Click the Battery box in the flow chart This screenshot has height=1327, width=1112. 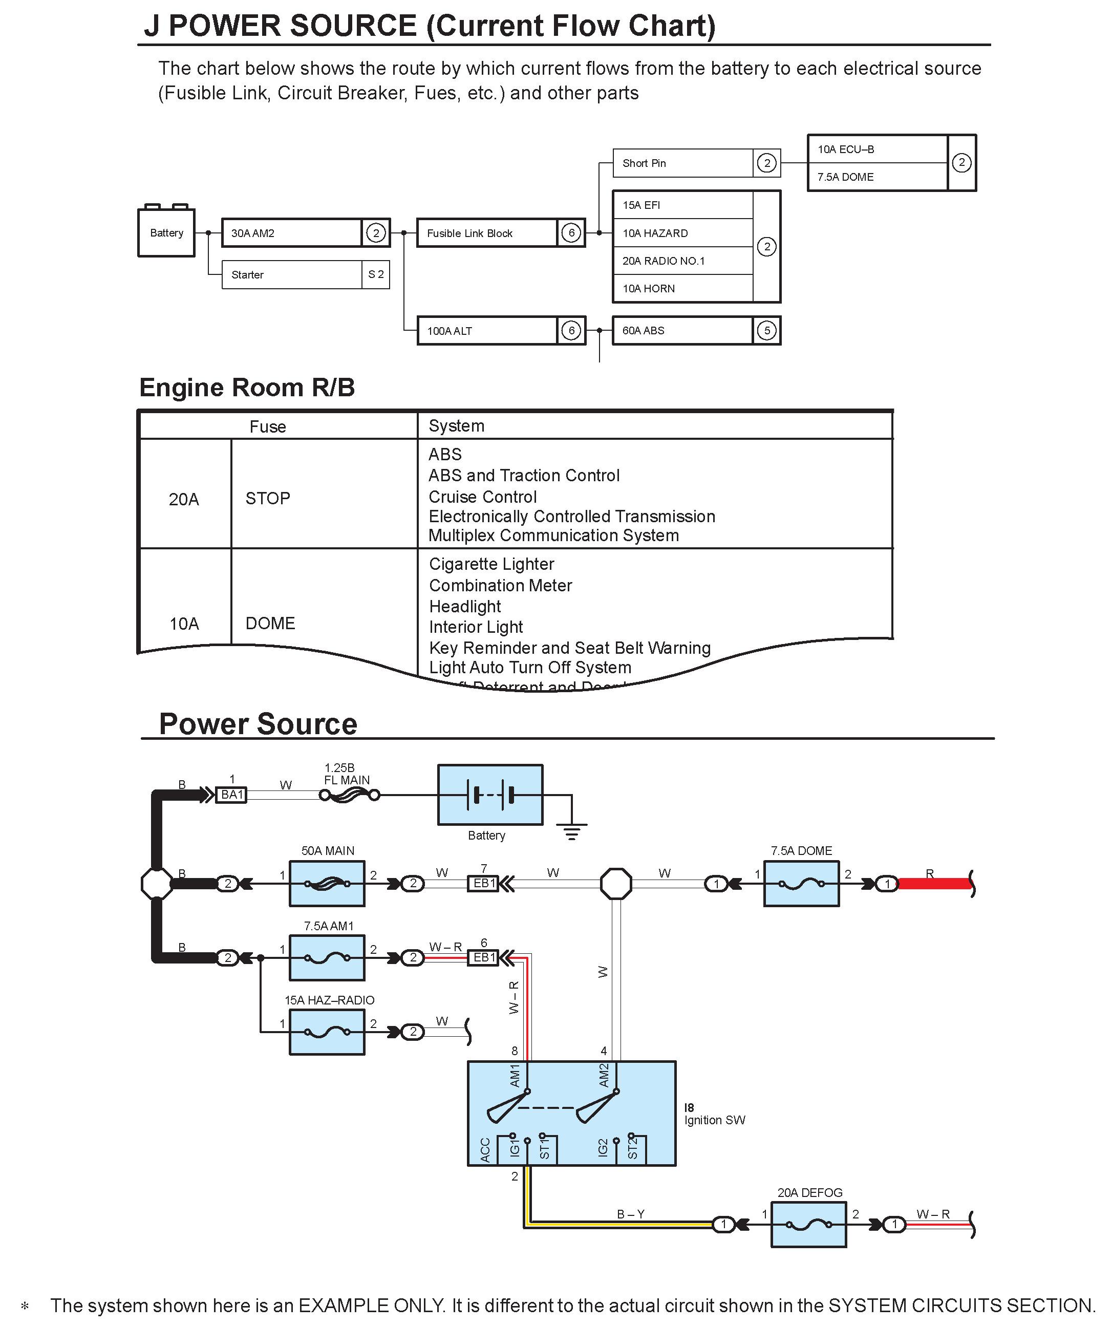point(166,232)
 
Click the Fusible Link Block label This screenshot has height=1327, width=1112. point(469,233)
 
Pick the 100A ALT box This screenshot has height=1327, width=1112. point(487,331)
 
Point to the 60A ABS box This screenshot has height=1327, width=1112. point(682,331)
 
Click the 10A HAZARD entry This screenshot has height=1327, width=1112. point(655,233)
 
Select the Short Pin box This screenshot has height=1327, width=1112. point(682,163)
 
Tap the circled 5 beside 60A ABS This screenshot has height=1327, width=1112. point(766,331)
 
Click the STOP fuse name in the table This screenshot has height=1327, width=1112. point(268,499)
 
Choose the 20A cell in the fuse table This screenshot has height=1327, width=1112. point(184,499)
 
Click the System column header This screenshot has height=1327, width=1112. point(456,426)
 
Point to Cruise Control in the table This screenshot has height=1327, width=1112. point(483,497)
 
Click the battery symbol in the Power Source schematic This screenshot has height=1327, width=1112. point(490,794)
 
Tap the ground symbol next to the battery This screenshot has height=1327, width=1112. point(572,831)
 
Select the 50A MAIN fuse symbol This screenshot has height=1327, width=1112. point(327,884)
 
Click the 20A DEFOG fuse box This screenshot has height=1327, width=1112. point(809,1225)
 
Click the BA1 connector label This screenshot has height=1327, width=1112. point(232,794)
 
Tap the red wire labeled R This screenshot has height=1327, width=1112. point(934,884)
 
